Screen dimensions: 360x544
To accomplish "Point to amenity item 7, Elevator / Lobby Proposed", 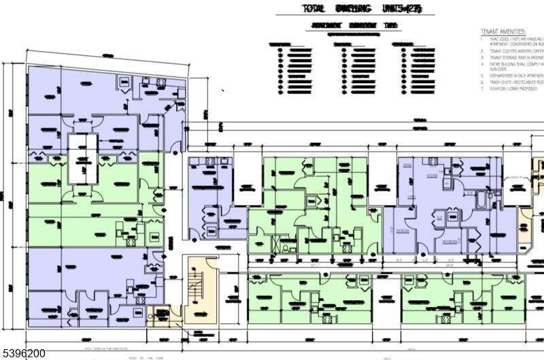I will click(x=513, y=89).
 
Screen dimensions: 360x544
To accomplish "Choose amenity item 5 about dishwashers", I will click(x=513, y=75).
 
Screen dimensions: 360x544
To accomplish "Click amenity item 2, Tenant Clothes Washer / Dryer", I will click(x=513, y=50).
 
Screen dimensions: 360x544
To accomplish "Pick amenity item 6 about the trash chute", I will click(x=513, y=82).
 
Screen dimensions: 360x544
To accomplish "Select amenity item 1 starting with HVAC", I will click(x=513, y=39).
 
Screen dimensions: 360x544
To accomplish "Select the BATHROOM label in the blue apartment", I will click(x=449, y=241).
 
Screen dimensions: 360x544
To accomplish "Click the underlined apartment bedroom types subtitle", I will click(x=354, y=25).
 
